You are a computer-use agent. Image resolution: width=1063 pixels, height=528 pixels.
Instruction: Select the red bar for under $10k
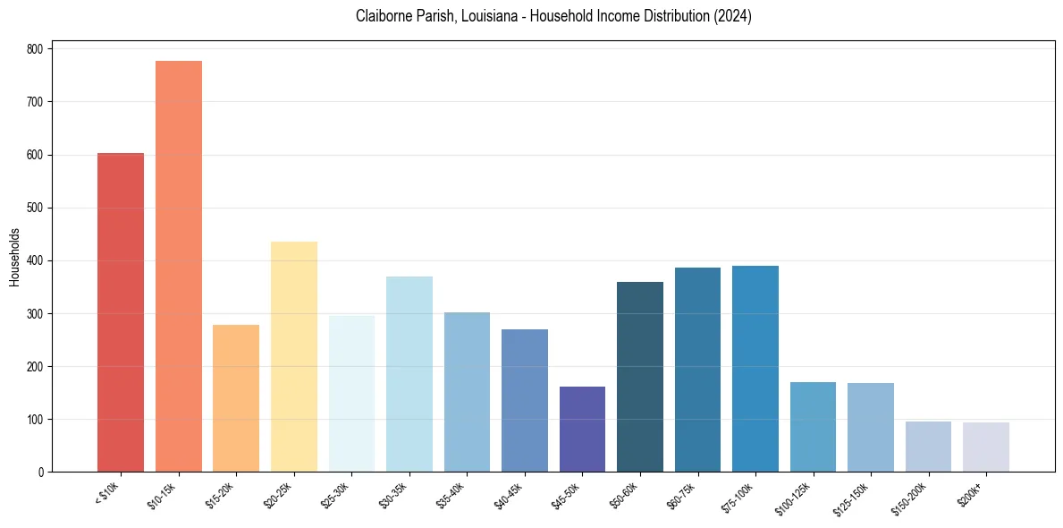tap(121, 312)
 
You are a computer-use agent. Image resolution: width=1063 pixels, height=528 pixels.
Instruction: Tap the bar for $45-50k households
tap(582, 430)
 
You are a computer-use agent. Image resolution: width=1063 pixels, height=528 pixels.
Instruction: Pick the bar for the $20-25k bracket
tap(294, 357)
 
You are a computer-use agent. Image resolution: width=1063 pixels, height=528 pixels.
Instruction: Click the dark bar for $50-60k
tap(640, 377)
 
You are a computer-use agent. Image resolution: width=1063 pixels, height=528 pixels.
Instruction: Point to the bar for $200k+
tap(986, 447)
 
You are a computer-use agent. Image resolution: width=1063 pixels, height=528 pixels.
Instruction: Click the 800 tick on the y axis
tap(35, 49)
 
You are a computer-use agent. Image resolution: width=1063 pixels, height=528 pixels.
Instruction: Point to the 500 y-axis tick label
tap(35, 208)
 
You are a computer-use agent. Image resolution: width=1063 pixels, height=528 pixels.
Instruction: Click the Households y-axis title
tap(14, 257)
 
